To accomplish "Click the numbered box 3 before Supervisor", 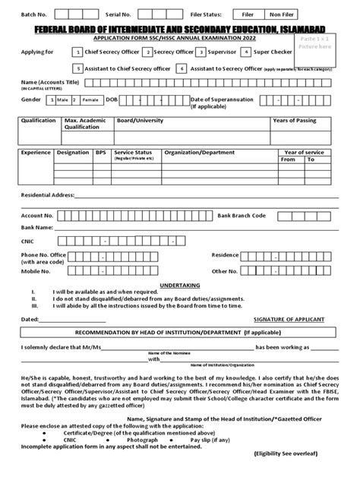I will (x=201, y=52).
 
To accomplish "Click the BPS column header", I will (x=100, y=152).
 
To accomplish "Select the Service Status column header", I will (x=133, y=152).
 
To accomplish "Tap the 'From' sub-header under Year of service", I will (x=288, y=159).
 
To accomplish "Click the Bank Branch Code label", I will (x=242, y=215).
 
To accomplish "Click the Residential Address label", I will (x=47, y=195).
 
